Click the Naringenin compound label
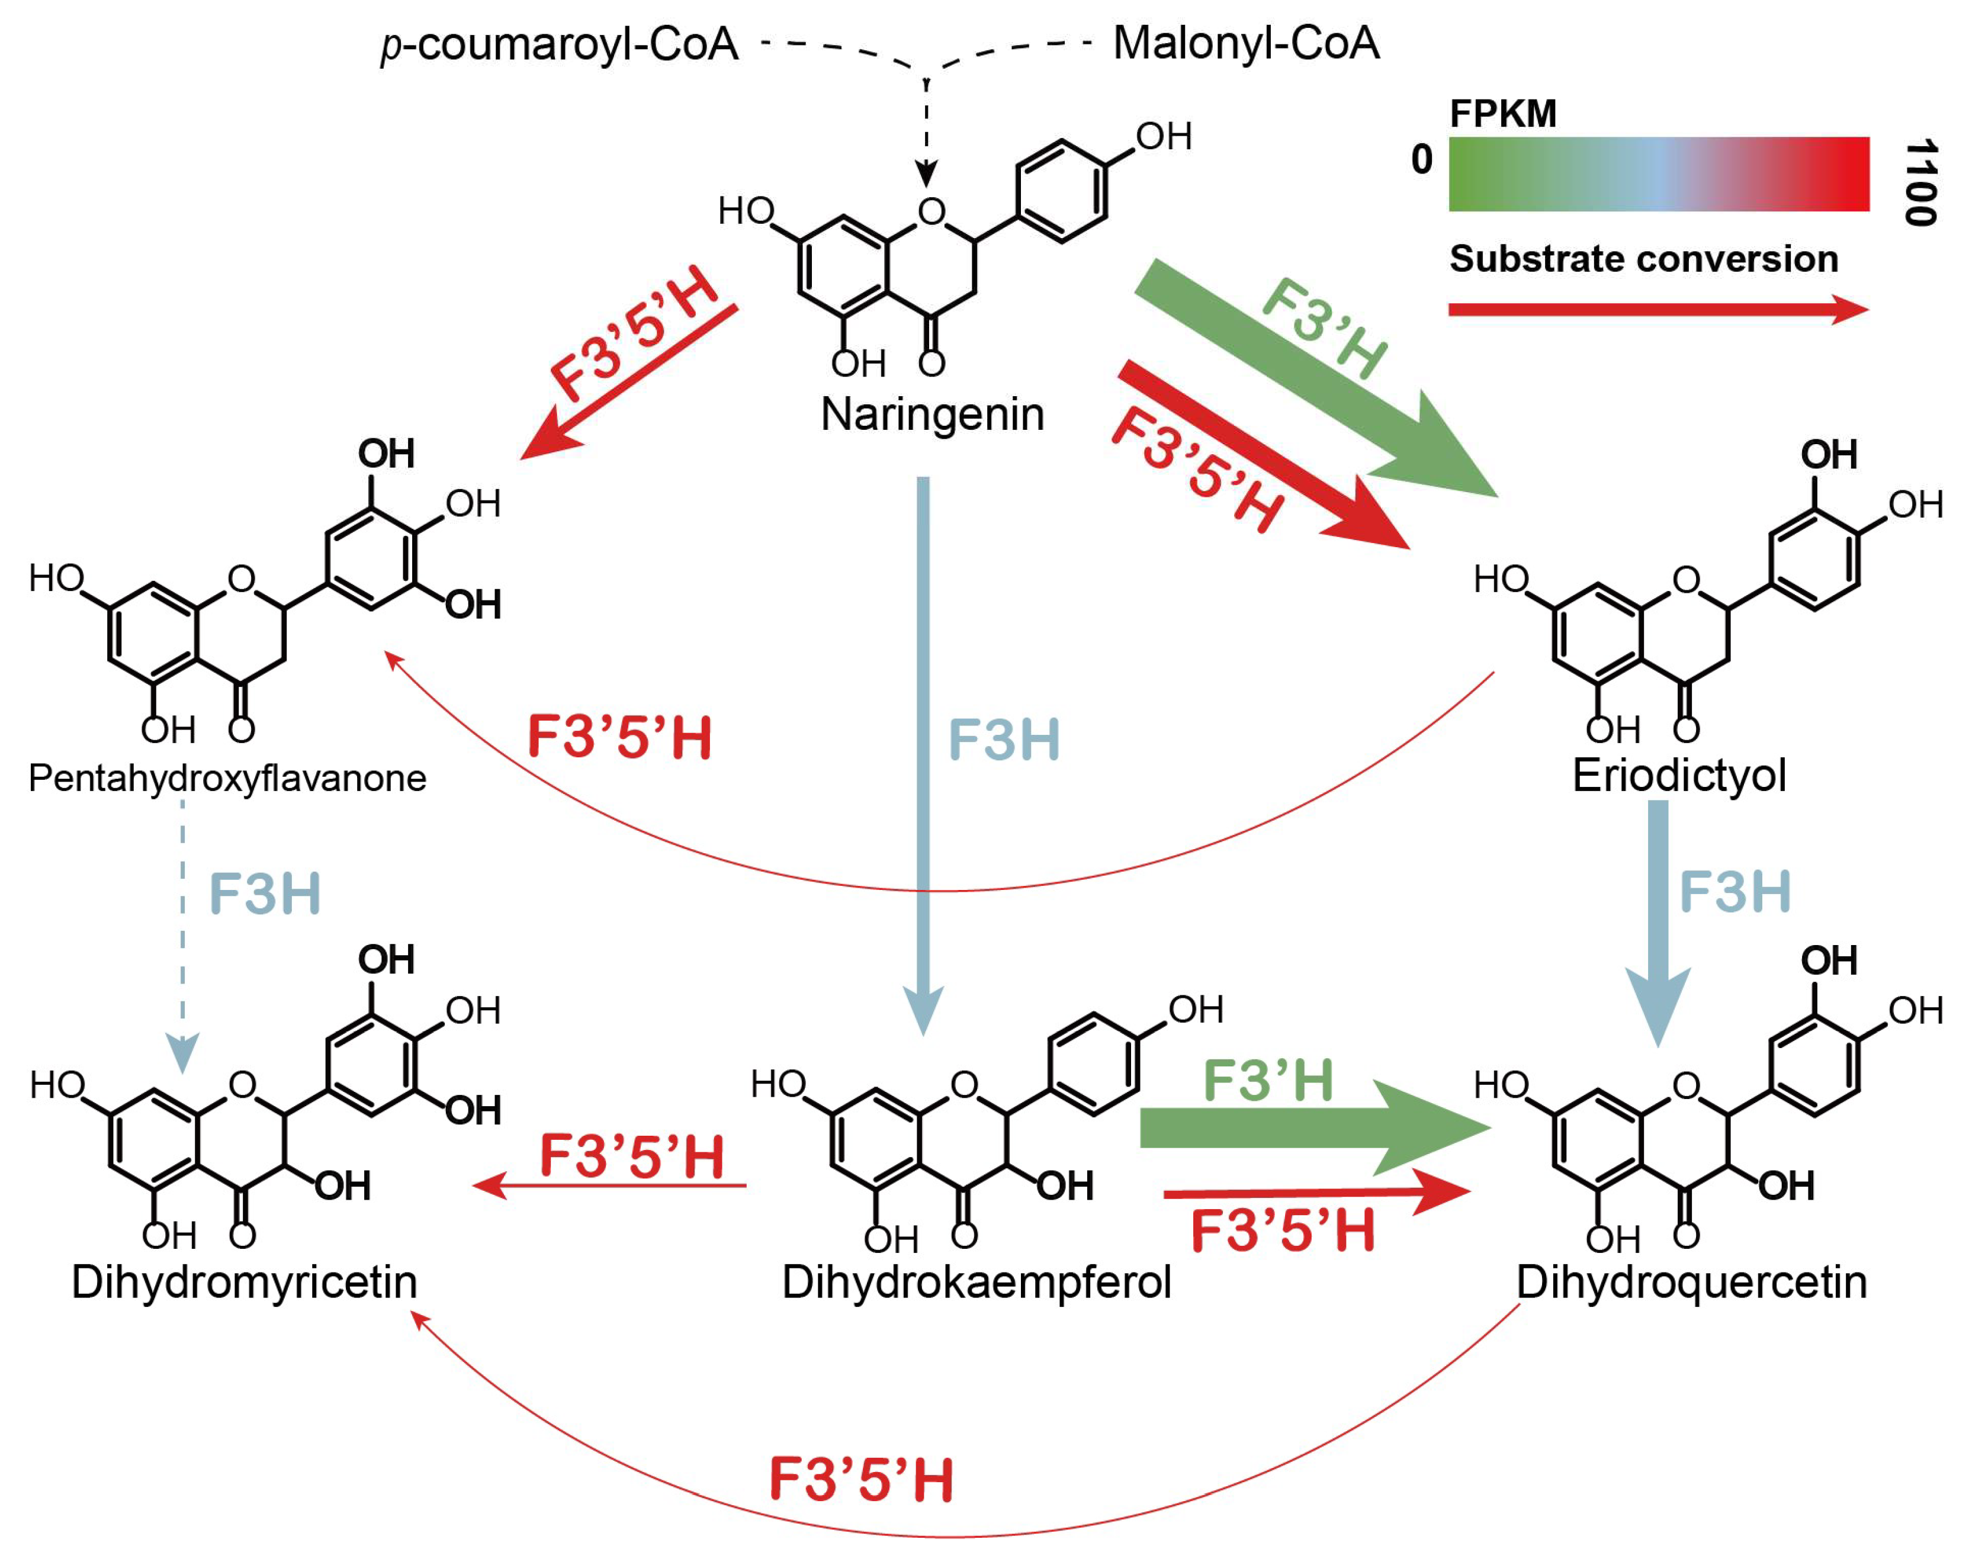[x=932, y=414]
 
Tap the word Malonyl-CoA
[x=1246, y=43]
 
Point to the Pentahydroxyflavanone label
[x=227, y=779]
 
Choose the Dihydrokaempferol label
[x=977, y=1282]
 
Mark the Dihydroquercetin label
[x=1692, y=1282]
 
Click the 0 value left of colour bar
[x=1422, y=160]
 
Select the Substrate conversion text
[x=1643, y=259]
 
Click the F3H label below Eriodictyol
[x=1734, y=891]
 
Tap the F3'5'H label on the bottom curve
[x=862, y=1479]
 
